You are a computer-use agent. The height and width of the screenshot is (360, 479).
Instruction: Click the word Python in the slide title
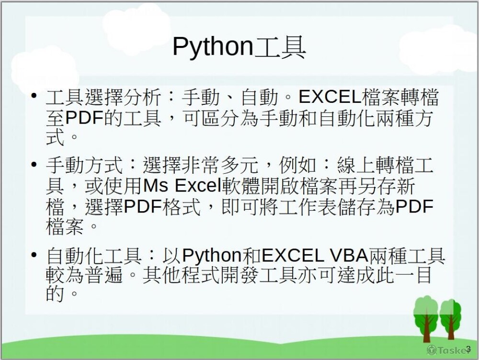[x=213, y=47]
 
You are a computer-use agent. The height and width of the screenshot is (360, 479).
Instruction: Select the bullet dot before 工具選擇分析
[x=34, y=96]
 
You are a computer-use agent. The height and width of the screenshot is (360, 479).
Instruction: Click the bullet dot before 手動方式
[x=34, y=165]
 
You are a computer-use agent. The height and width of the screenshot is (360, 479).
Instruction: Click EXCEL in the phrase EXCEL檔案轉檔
[x=330, y=97]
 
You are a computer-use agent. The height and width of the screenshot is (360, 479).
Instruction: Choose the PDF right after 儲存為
[x=414, y=206]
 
